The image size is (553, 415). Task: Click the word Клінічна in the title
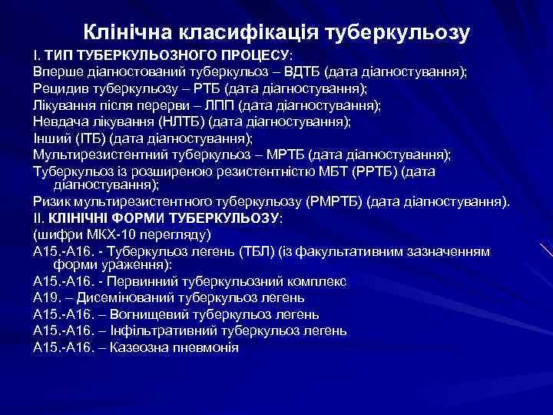point(127,33)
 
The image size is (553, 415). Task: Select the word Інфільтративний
point(164,330)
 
